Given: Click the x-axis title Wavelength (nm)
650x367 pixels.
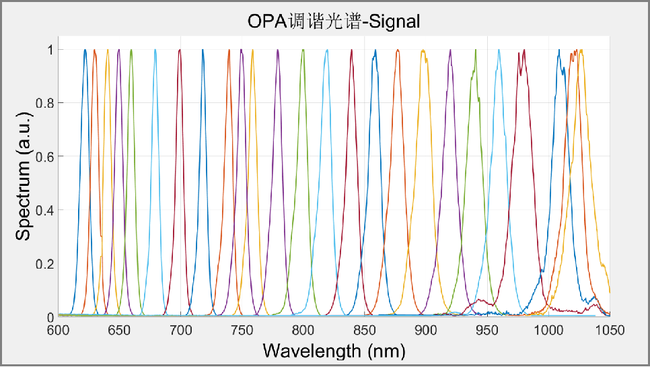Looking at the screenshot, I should click(x=334, y=350).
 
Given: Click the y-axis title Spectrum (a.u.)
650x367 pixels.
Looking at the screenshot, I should click(x=24, y=182).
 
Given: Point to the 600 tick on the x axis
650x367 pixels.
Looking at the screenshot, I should click(x=59, y=331).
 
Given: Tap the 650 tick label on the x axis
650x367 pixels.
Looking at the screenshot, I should click(x=120, y=331).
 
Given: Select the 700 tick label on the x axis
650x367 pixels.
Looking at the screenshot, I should click(x=181, y=331).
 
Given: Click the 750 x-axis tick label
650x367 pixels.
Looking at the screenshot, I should click(x=242, y=331).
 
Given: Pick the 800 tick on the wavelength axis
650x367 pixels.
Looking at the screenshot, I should click(x=303, y=331).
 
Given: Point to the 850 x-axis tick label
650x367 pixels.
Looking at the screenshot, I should click(x=365, y=331).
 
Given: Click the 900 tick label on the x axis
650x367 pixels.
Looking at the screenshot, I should click(x=426, y=331).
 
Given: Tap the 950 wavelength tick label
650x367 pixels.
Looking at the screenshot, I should click(x=487, y=331).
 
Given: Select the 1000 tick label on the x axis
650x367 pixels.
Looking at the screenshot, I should click(x=548, y=331).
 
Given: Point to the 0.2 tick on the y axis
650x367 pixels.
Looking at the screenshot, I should click(x=44, y=263).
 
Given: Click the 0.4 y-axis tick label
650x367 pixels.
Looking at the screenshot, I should click(x=44, y=210).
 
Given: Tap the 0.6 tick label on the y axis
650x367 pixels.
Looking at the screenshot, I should click(x=44, y=156).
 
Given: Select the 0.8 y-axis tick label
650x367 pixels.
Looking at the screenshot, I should click(x=44, y=103).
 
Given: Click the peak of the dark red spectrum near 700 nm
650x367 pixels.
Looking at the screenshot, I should click(x=180, y=50).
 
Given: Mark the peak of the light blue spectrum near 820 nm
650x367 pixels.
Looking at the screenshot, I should click(x=326, y=50).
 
